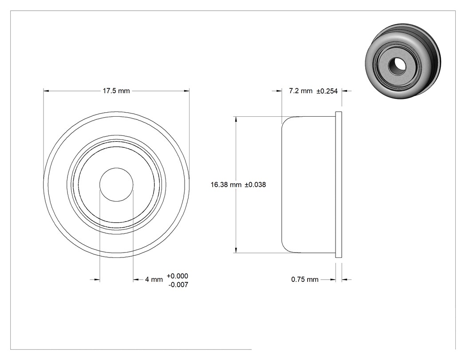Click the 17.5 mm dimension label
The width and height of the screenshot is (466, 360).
click(x=116, y=91)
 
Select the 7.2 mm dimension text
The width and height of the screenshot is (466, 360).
click(x=300, y=91)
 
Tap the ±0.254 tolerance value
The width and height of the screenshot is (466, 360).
click(x=327, y=91)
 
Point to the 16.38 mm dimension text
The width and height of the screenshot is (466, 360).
click(x=226, y=185)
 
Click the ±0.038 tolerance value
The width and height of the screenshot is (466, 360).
click(x=255, y=185)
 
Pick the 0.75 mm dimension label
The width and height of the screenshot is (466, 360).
click(x=304, y=280)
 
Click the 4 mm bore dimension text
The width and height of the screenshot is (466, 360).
click(x=154, y=280)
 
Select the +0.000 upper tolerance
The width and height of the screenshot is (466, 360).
click(x=178, y=276)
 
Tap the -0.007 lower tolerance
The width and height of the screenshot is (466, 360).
click(x=178, y=285)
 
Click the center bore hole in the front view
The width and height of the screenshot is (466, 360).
click(x=116, y=185)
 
